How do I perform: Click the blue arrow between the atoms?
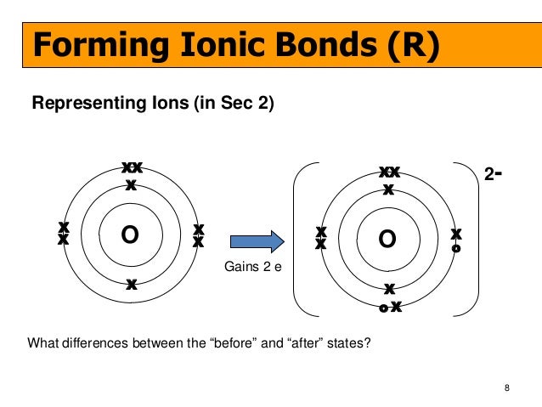coord(252,241)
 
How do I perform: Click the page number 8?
coord(507,389)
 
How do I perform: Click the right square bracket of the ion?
coord(472,239)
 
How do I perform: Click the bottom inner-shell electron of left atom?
coord(131,285)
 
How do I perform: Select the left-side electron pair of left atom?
coord(63,234)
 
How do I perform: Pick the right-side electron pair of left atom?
coord(198,235)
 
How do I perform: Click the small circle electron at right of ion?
coord(456,249)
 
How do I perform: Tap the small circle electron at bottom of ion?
coord(383,308)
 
